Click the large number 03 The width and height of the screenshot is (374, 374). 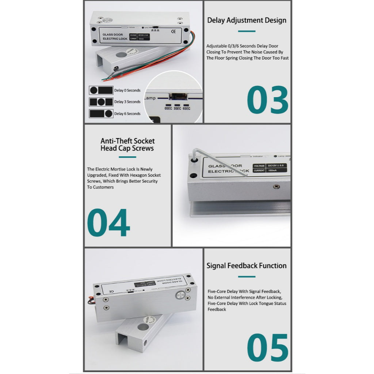click(x=268, y=100)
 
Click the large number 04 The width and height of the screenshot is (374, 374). click(x=108, y=223)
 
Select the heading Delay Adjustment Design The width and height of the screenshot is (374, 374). click(x=247, y=20)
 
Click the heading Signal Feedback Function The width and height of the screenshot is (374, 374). click(x=247, y=266)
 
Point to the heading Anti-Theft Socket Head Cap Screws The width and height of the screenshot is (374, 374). click(x=127, y=144)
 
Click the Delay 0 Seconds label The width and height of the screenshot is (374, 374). click(x=127, y=90)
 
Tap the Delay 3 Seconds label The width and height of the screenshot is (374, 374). click(x=127, y=102)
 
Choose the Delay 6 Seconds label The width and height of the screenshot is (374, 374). click(x=127, y=114)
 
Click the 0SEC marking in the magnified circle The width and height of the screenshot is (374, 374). click(x=168, y=108)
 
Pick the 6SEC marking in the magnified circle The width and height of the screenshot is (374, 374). click(x=186, y=108)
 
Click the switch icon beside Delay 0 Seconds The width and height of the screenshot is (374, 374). click(x=101, y=90)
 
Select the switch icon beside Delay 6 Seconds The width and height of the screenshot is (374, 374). click(x=101, y=114)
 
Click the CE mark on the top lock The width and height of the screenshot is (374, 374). click(x=173, y=31)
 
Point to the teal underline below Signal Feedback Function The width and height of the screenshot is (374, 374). click(x=247, y=276)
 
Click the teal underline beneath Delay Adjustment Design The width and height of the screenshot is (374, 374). click(x=247, y=31)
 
